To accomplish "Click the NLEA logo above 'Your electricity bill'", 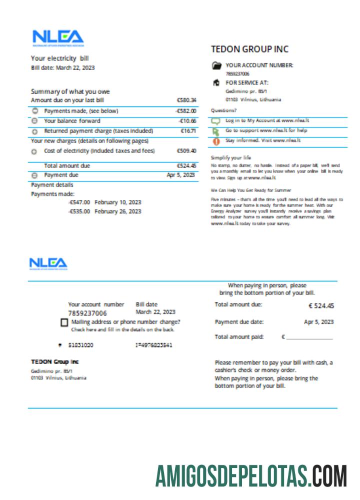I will [x=58, y=38].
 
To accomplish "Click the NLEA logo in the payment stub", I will [x=48, y=263].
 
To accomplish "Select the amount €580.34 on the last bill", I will [x=186, y=100].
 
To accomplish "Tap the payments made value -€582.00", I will [x=186, y=111].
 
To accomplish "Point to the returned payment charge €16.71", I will [x=188, y=131].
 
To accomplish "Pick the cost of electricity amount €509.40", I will [x=186, y=150].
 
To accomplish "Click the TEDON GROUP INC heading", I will [x=249, y=49].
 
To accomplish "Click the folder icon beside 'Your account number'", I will [x=216, y=65].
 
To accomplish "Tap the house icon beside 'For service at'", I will [x=216, y=82].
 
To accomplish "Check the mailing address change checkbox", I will [x=64, y=322].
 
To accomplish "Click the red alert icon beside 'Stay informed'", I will [x=216, y=141].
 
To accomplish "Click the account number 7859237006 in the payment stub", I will [x=87, y=313].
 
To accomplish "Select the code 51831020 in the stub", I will [x=81, y=345].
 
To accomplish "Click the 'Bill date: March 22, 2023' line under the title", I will [x=62, y=67].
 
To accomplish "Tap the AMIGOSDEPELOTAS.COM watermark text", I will [x=251, y=475].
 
